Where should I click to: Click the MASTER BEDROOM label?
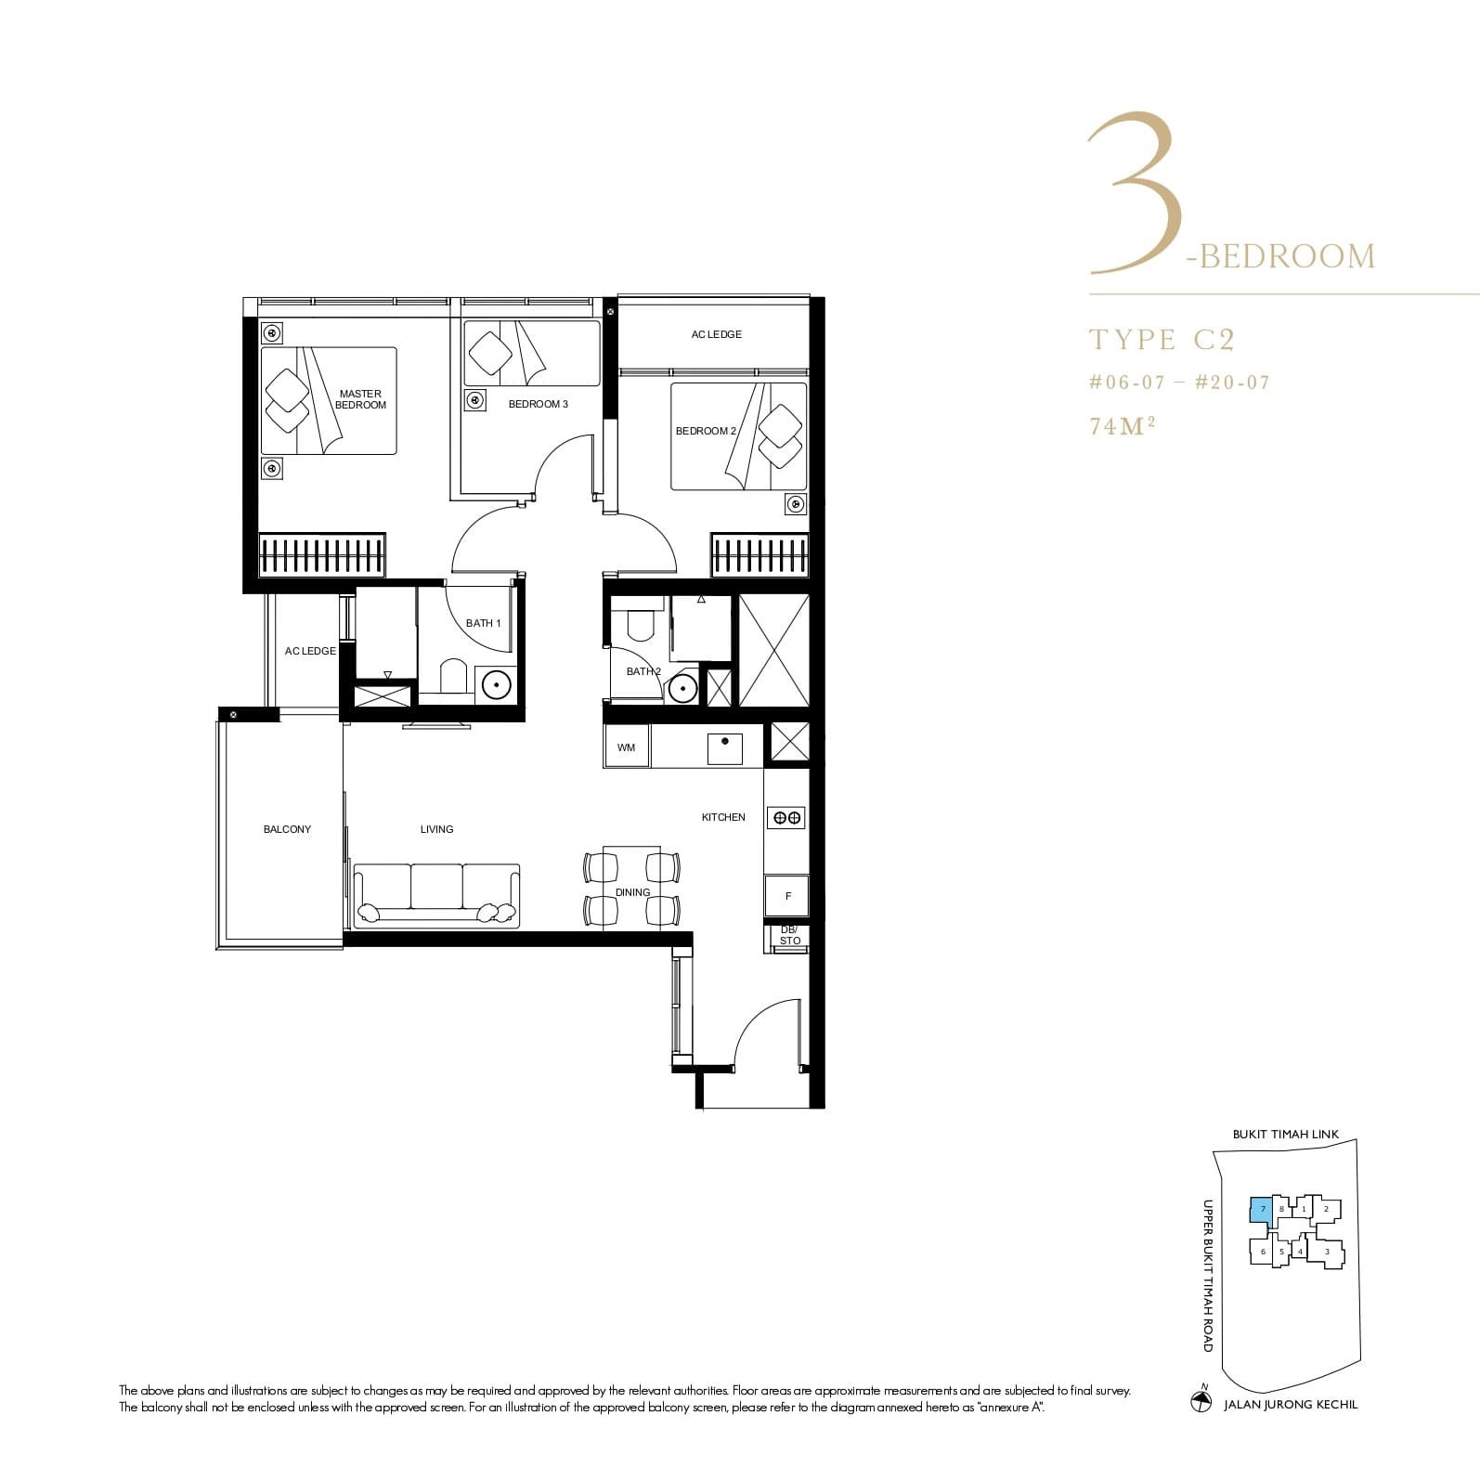[x=360, y=399]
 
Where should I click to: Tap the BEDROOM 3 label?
[x=538, y=404]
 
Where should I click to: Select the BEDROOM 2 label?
[x=706, y=431]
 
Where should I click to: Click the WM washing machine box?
[x=627, y=747]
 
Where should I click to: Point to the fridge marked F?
[x=787, y=896]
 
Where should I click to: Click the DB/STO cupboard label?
[x=789, y=935]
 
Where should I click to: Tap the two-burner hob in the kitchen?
[x=786, y=817]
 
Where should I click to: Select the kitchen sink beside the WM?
[x=724, y=748]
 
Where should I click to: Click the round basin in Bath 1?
[x=497, y=685]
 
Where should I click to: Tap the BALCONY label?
[x=287, y=829]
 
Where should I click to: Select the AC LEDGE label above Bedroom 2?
[x=716, y=334]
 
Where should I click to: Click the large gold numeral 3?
[x=1135, y=195]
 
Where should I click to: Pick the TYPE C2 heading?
[x=1162, y=340]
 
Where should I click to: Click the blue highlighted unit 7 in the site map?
[x=1261, y=1210]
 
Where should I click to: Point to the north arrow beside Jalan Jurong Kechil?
[x=1201, y=1401]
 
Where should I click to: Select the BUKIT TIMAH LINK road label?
[x=1285, y=1135]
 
